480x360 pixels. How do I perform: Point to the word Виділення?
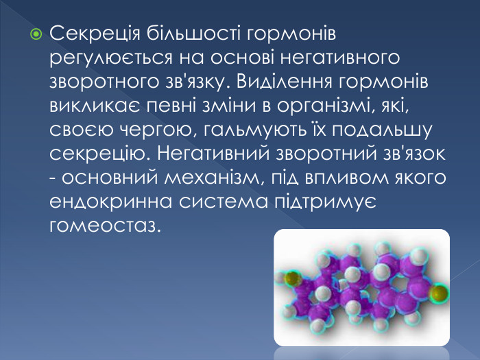point(287,82)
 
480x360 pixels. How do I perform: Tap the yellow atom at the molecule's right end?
point(438,293)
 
